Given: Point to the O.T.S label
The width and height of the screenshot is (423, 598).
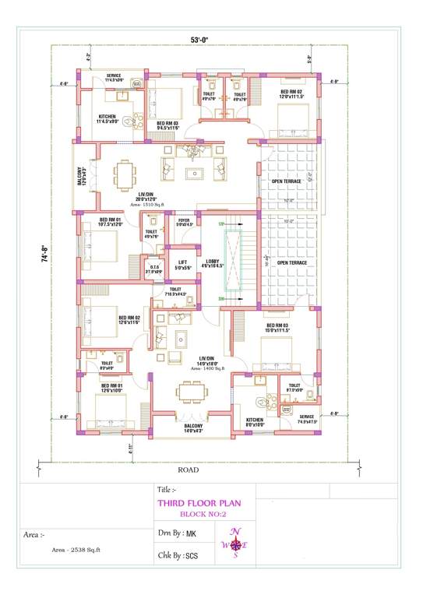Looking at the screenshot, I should [155, 269].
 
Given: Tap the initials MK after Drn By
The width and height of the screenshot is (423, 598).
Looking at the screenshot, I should [202, 534].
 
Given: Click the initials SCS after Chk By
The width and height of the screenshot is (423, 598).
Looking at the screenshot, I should [203, 557].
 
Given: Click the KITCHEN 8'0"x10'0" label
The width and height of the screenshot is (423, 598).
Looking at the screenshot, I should [256, 421].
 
